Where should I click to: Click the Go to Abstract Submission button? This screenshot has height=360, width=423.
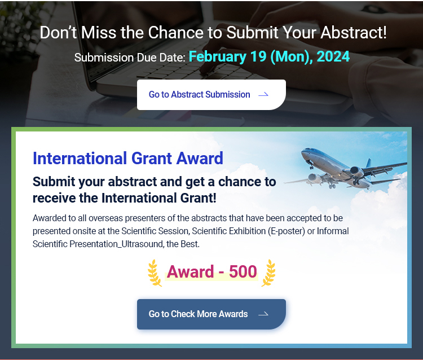click(x=211, y=94)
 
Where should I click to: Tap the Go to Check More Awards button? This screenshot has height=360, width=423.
click(x=211, y=314)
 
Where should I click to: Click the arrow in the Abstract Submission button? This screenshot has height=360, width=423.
click(x=263, y=94)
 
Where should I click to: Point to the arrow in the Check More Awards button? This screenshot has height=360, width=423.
click(x=263, y=314)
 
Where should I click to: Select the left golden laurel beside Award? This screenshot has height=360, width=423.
click(x=155, y=273)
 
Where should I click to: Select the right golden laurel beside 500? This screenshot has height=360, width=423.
click(x=268, y=273)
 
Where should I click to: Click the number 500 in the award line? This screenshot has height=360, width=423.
click(x=243, y=271)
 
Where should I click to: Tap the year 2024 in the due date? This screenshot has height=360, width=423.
click(x=333, y=56)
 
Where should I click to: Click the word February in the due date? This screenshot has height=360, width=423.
click(x=218, y=57)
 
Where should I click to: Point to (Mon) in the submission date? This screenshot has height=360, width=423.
click(x=289, y=57)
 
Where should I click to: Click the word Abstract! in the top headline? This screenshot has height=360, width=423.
click(x=354, y=32)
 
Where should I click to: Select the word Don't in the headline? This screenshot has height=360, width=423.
click(x=58, y=32)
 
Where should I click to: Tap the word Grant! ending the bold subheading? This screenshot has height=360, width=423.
click(x=199, y=198)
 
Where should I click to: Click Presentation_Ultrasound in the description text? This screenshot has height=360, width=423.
click(x=116, y=244)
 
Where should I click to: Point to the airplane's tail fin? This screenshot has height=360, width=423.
click(x=368, y=163)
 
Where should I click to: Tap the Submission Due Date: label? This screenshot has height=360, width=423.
click(x=130, y=58)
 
